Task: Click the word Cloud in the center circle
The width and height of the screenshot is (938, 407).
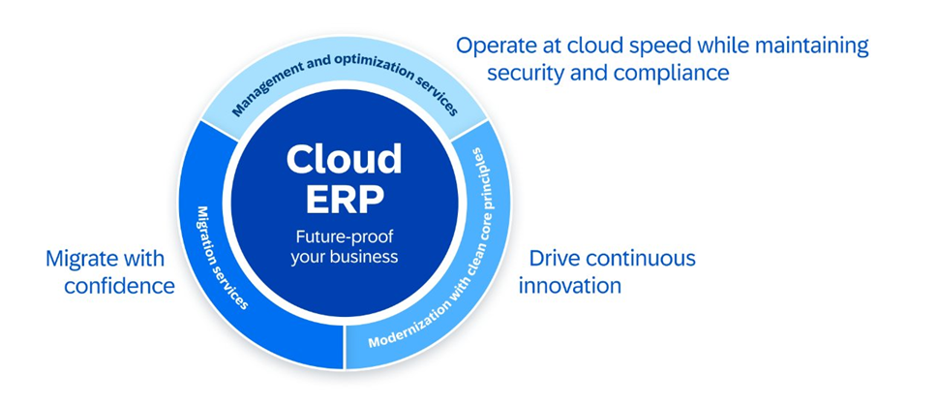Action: click(344, 159)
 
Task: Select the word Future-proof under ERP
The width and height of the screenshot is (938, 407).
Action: click(345, 237)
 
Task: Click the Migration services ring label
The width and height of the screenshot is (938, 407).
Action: click(223, 258)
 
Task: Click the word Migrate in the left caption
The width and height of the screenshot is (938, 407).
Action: click(79, 259)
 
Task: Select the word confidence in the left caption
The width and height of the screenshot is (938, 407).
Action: click(120, 286)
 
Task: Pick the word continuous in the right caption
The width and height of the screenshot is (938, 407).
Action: click(641, 259)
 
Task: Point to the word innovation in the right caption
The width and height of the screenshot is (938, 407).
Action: click(569, 285)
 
